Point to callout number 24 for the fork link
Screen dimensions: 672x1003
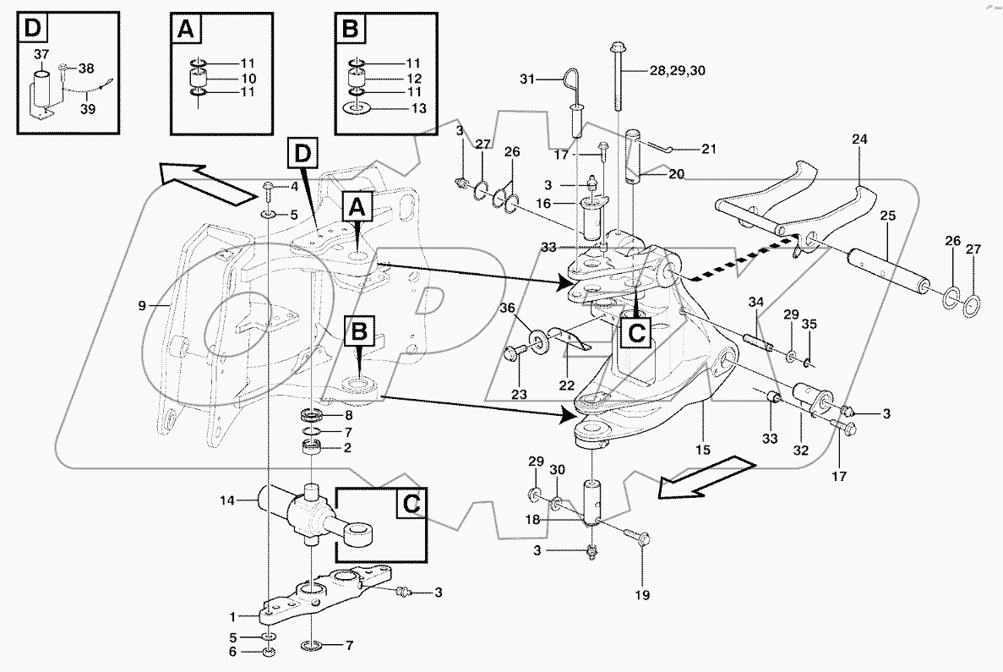[859, 139]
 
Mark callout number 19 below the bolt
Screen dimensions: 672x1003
[642, 595]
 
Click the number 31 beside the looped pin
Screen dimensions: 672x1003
[527, 79]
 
